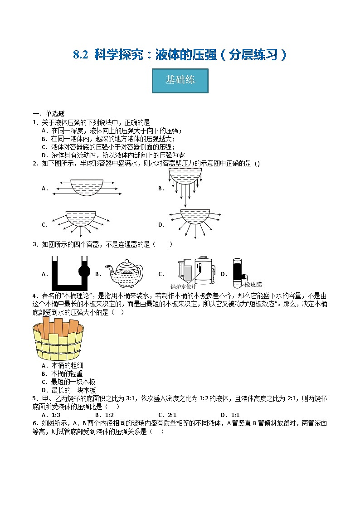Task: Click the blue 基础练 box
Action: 180,81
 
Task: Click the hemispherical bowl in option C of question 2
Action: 81,218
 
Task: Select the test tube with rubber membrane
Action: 237,273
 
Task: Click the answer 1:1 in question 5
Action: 235,415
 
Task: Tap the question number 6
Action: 34,423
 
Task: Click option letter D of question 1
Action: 44,155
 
